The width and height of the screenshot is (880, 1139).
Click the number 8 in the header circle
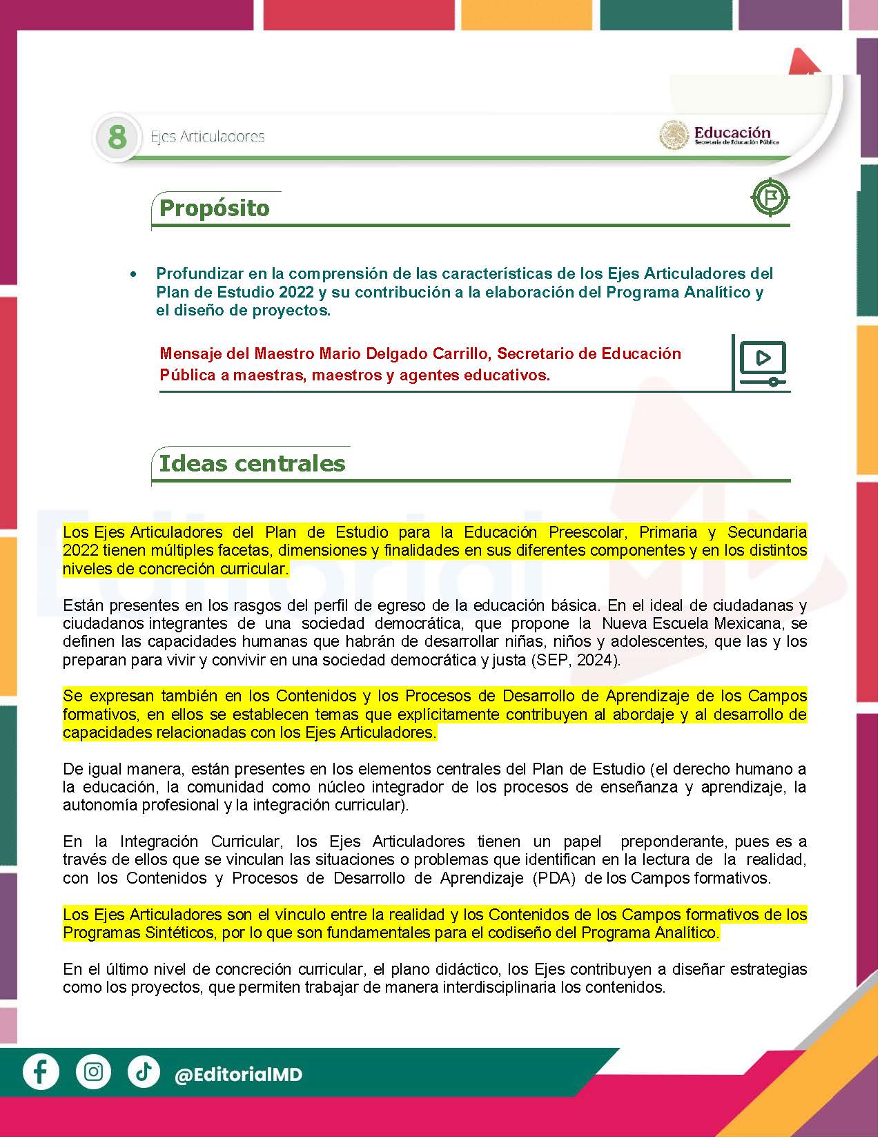click(117, 137)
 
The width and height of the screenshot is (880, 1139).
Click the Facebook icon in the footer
click(41, 1072)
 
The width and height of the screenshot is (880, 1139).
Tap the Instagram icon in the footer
click(93, 1072)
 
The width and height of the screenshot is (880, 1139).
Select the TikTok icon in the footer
click(144, 1072)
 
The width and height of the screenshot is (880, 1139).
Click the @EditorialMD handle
click(239, 1075)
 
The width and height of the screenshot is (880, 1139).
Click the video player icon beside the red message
click(763, 362)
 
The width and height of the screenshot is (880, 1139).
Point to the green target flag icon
click(770, 198)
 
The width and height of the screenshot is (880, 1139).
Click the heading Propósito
click(214, 208)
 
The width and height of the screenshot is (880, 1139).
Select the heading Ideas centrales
click(252, 463)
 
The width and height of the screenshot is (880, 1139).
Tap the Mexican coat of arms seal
click(674, 135)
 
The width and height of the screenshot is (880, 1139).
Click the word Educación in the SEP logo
click(732, 132)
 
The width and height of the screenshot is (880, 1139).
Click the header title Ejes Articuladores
click(208, 137)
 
